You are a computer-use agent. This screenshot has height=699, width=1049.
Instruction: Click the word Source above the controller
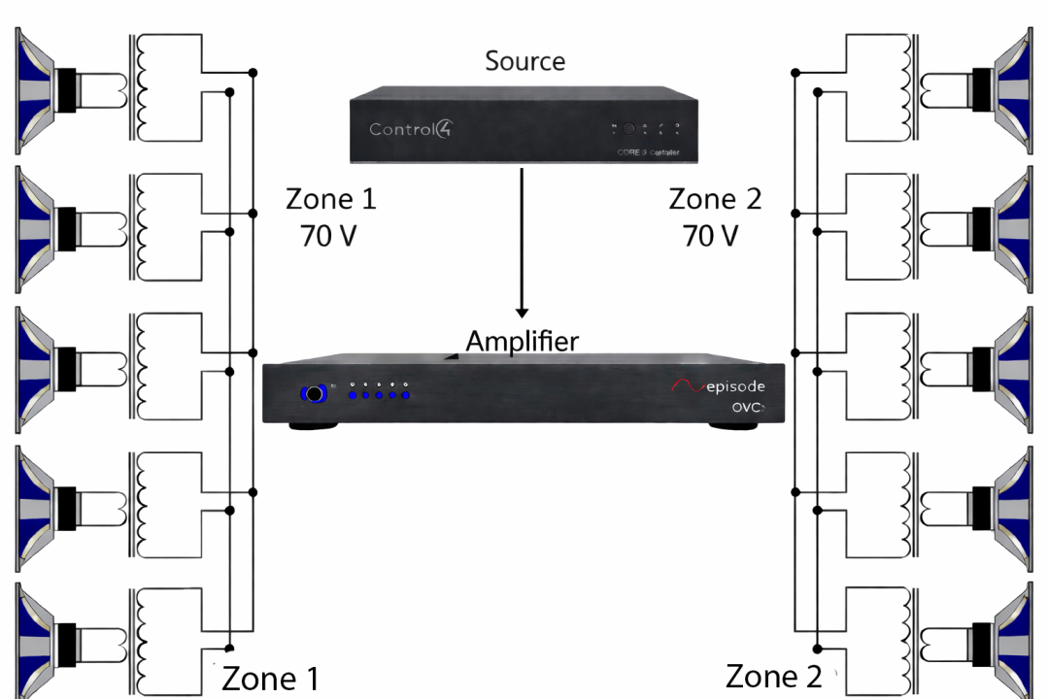pyautogui.click(x=524, y=62)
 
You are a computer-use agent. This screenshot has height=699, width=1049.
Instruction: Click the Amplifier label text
pyautogui.click(x=522, y=342)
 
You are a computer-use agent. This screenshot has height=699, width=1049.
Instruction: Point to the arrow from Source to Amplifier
pyautogui.click(x=523, y=243)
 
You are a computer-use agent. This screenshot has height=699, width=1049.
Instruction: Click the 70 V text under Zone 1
pyautogui.click(x=330, y=236)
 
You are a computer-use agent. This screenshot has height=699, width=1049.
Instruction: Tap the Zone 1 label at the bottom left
pyautogui.click(x=270, y=678)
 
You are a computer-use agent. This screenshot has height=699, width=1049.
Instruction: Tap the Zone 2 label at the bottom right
pyautogui.click(x=774, y=676)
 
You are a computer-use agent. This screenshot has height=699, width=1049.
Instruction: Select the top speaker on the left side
pyautogui.click(x=49, y=91)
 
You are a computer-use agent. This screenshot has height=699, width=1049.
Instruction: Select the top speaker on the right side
pyautogui.click(x=1000, y=91)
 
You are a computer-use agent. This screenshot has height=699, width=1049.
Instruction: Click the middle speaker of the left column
pyautogui.click(x=49, y=370)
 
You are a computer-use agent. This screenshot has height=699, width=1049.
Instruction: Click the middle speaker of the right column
pyautogui.click(x=1000, y=370)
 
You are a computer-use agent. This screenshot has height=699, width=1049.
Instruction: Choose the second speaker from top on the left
pyautogui.click(x=49, y=231)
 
